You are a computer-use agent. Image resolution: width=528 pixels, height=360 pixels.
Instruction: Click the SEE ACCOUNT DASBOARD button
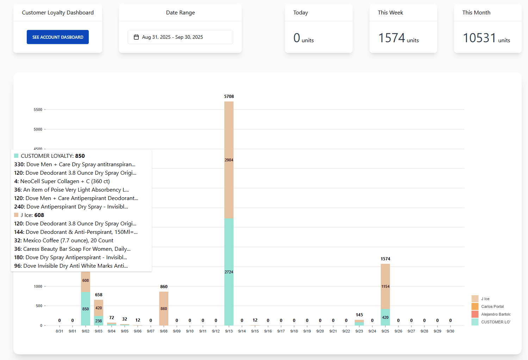[x=58, y=37]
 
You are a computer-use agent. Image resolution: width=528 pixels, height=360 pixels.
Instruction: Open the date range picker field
[x=180, y=37]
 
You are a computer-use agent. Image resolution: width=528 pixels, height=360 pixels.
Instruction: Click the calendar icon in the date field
[x=136, y=37]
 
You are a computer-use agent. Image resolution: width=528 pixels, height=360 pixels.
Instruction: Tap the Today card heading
[x=300, y=13]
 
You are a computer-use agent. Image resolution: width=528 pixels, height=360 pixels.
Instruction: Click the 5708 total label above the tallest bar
[x=229, y=97]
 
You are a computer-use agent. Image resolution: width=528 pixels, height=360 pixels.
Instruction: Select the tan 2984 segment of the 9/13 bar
[x=229, y=160]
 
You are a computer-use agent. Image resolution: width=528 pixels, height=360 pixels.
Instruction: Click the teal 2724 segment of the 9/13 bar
[x=229, y=272]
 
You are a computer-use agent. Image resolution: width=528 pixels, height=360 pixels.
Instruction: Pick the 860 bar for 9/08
[x=164, y=309]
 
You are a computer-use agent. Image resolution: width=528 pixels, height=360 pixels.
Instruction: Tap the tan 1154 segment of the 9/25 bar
[x=385, y=286]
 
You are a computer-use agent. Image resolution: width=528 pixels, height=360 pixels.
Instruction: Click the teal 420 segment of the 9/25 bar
[x=385, y=317]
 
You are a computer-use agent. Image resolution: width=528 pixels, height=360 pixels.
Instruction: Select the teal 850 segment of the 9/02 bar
[x=86, y=309]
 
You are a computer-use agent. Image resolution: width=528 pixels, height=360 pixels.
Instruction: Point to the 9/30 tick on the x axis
[x=450, y=331]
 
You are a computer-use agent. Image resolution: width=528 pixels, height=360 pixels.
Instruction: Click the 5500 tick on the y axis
[x=38, y=110]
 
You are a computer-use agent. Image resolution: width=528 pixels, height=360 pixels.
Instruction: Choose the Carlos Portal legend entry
[x=492, y=306]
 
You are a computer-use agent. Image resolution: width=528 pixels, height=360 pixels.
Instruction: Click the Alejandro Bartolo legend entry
[x=495, y=314]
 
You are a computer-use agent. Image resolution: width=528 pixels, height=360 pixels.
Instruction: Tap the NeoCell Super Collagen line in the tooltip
[x=62, y=181]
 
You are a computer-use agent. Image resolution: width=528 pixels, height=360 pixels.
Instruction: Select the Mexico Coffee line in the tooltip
[x=64, y=241]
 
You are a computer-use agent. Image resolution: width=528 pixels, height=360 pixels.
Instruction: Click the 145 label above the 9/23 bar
[x=359, y=315]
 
